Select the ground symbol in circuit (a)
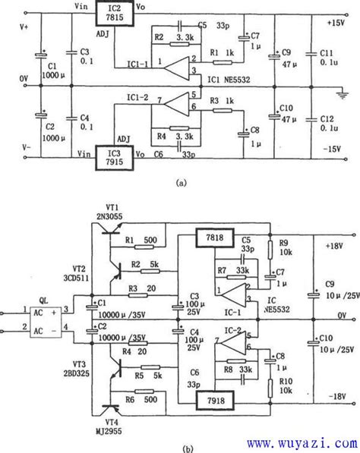(x=346, y=92)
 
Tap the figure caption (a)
(x=180, y=183)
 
